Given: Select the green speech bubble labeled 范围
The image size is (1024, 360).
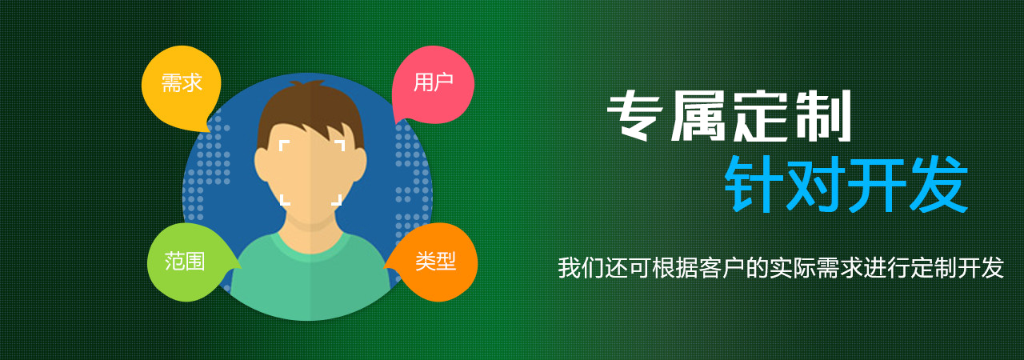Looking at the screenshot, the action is (187, 262).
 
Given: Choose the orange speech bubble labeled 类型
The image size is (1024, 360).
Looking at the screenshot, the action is (434, 262).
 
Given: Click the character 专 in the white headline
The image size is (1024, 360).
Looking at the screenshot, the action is (634, 115).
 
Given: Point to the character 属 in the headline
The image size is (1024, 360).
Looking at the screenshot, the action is (698, 115).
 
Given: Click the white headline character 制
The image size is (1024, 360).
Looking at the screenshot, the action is (823, 115).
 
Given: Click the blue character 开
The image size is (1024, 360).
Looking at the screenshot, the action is (877, 185).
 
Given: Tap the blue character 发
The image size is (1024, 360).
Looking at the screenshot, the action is (938, 185).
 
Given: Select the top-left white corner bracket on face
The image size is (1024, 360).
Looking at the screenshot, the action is (282, 143).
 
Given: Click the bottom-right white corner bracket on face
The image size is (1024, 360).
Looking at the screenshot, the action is (338, 202).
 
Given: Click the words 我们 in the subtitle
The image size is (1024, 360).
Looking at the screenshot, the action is (581, 268).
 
